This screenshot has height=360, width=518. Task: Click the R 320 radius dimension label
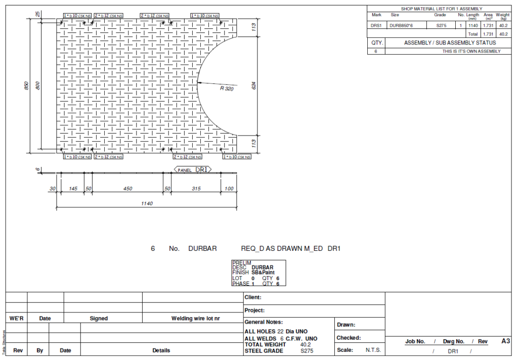coord(226,88)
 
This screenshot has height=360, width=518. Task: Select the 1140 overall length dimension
coord(147,204)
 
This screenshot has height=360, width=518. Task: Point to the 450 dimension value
coord(127,189)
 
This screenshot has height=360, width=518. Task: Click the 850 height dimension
coord(26,86)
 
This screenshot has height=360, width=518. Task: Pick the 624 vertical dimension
coord(254,86)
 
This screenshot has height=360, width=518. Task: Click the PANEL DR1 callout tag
coord(193,170)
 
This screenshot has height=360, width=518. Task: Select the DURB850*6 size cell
coord(402,25)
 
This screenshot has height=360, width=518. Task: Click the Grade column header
coord(440,15)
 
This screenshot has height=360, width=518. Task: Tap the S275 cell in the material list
coord(440,25)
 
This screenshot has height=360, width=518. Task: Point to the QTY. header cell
coord(376,43)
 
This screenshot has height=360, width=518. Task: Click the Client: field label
coord(253,298)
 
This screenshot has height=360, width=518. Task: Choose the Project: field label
coord(254,310)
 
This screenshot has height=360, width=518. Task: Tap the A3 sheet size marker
coord(505,341)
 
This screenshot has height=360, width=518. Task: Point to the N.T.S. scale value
coord(373,350)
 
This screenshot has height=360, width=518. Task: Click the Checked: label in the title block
coord(349,338)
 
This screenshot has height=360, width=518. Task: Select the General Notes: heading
coord(264,322)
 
